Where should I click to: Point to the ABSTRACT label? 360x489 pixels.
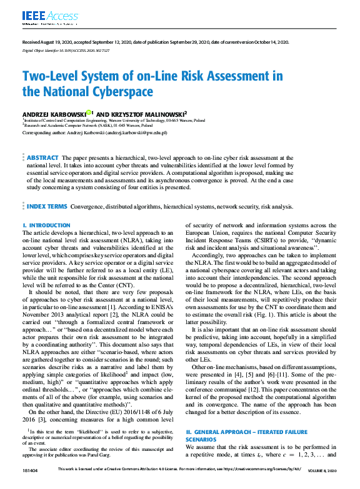[x=43, y=158]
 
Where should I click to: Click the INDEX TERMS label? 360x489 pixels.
[x=47, y=206]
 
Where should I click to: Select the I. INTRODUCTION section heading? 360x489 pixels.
[x=46, y=225]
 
